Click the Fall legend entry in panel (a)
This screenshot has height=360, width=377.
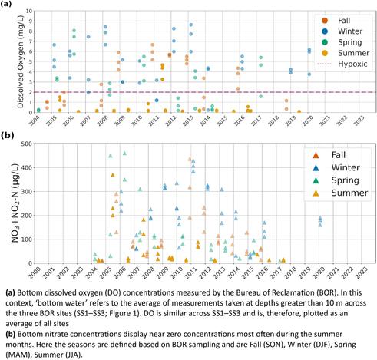point(336,21)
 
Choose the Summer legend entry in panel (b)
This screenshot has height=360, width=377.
point(340,193)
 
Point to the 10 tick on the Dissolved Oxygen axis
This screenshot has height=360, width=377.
point(29,12)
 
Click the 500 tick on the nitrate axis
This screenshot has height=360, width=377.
point(26,144)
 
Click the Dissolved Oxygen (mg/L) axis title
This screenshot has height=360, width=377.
point(21,62)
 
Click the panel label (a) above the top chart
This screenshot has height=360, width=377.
point(6,4)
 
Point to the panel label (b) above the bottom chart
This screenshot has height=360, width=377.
point(8,135)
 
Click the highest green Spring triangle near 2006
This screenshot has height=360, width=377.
point(124,154)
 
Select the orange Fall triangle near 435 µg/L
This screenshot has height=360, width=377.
point(190,159)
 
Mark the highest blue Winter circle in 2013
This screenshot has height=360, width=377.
point(190,25)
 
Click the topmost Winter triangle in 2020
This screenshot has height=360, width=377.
point(319,218)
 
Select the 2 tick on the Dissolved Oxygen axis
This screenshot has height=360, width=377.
point(31,92)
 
